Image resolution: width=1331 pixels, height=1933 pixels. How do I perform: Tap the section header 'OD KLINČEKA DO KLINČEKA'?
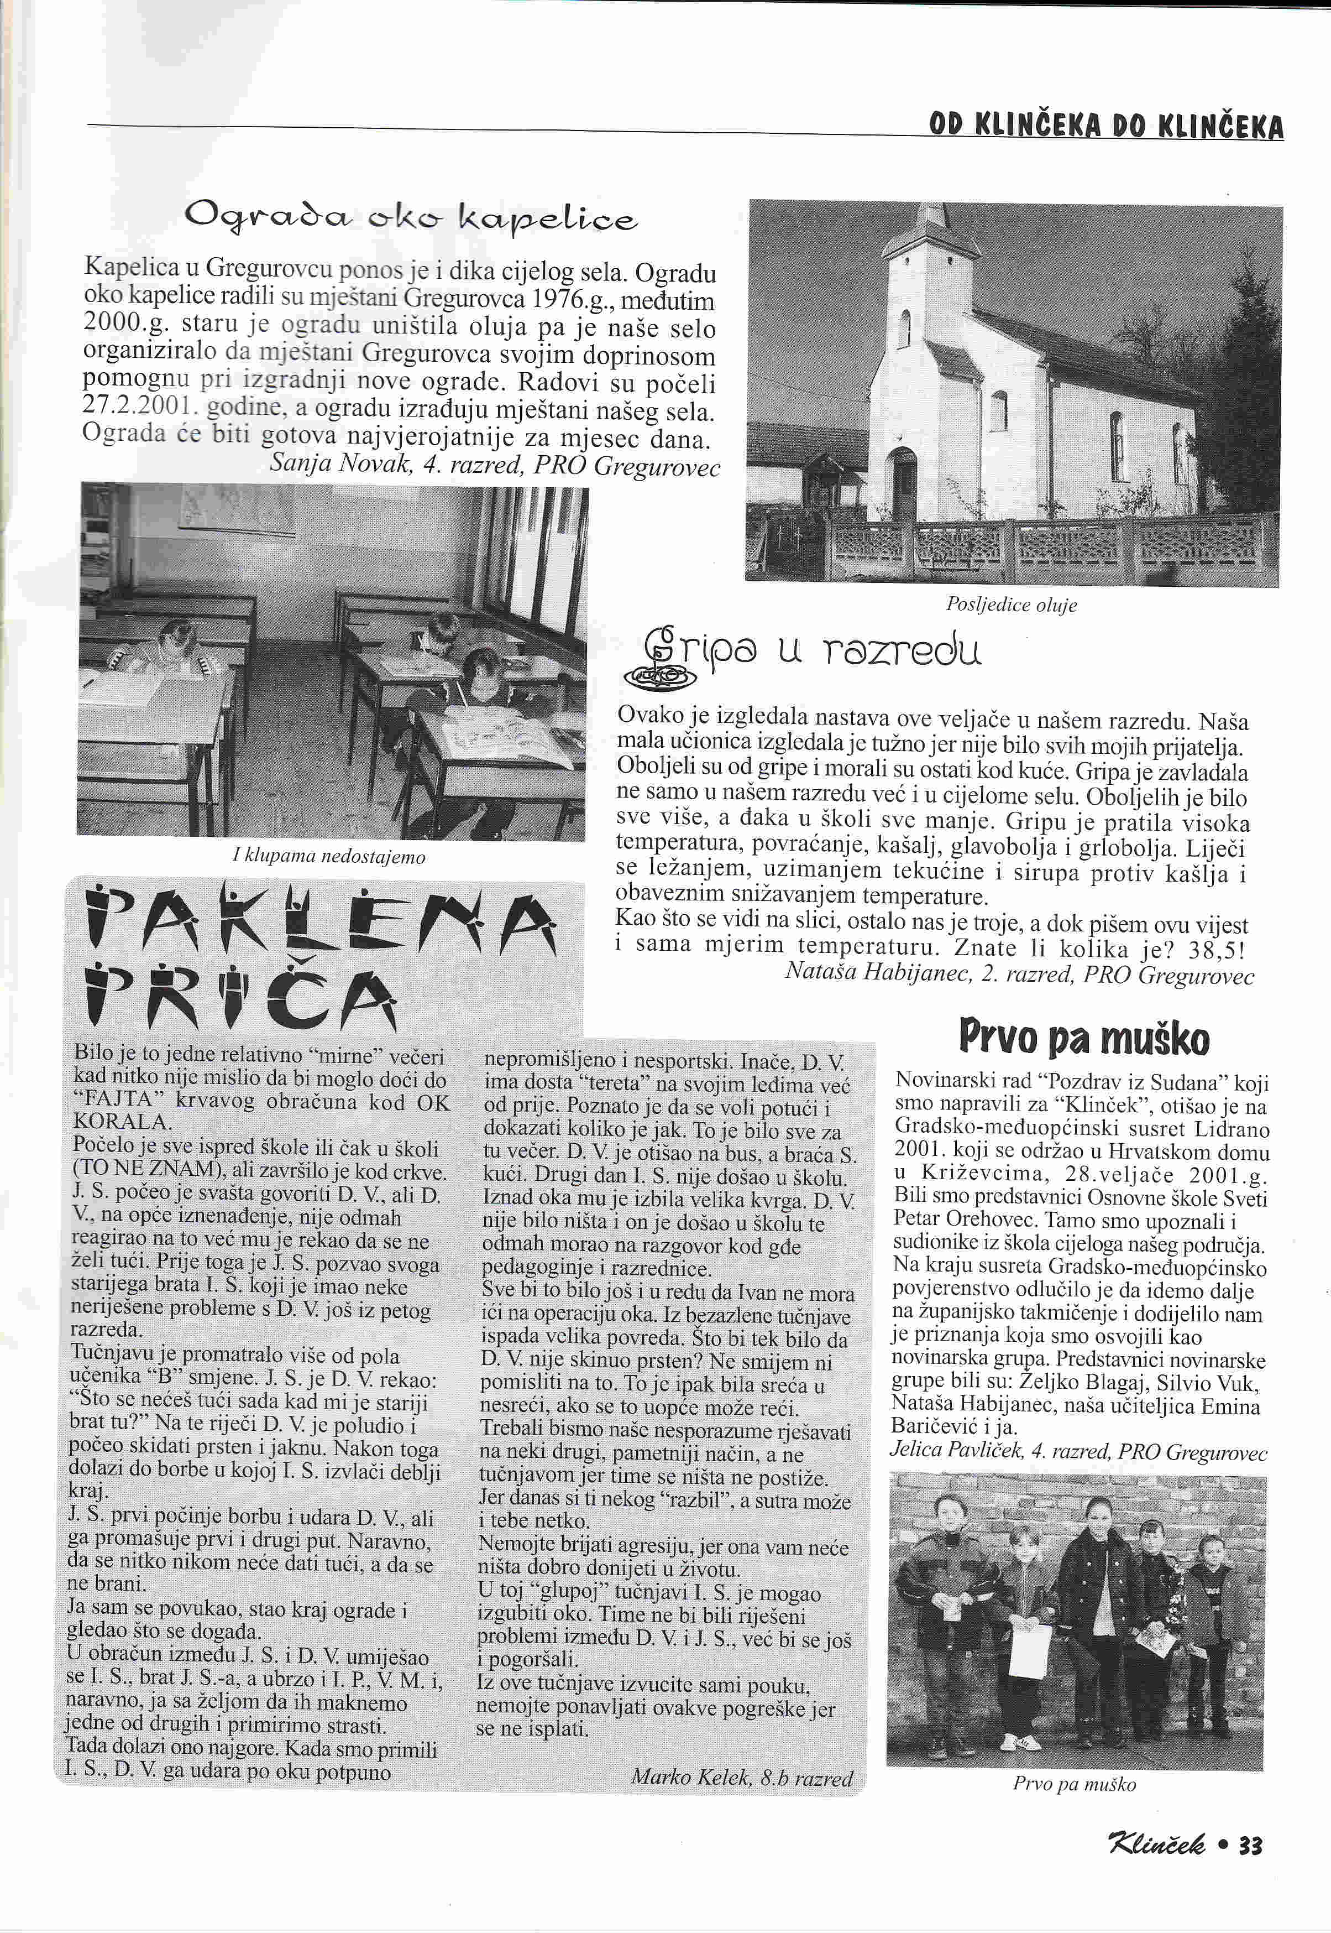click(1106, 126)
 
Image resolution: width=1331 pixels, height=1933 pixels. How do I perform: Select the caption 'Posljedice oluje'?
click(1011, 605)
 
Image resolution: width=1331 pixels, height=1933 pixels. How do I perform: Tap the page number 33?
click(1251, 1845)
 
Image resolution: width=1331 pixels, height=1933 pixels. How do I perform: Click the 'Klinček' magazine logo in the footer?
click(1155, 1844)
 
